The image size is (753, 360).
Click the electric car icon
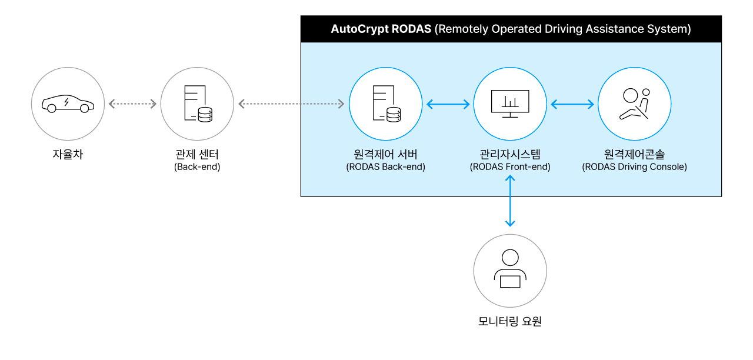click(x=68, y=104)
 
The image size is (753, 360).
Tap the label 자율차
click(x=68, y=155)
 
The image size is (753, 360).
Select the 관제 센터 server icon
click(x=197, y=104)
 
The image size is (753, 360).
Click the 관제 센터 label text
click(x=197, y=155)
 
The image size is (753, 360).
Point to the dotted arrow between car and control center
click(x=132, y=104)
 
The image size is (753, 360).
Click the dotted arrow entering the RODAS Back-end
click(x=291, y=104)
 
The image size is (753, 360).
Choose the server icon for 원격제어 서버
click(x=385, y=104)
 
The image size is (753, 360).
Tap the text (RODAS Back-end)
click(x=385, y=167)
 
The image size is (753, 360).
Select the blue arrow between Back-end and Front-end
click(x=448, y=105)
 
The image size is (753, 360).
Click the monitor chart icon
click(x=510, y=104)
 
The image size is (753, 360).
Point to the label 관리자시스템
click(x=510, y=154)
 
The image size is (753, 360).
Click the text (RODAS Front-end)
click(x=510, y=167)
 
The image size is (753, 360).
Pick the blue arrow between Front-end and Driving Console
click(x=572, y=105)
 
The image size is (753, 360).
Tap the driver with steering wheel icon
click(x=634, y=104)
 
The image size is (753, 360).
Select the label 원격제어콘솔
click(x=634, y=154)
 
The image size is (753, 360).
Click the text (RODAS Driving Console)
click(x=634, y=167)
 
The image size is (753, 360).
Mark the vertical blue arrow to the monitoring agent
click(x=510, y=201)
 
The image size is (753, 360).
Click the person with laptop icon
click(x=510, y=271)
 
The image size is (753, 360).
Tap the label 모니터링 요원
click(x=510, y=322)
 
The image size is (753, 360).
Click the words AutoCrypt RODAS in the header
click(x=381, y=29)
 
